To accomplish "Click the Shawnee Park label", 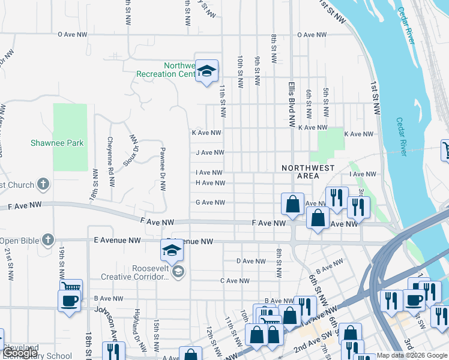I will coord(57,143).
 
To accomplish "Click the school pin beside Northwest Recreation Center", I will coord(207,73).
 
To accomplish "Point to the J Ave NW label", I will coord(209,152).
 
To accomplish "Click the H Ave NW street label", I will coord(210,183).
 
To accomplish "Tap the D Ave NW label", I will coord(251,261).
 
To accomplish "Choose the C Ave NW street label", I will coord(235,281).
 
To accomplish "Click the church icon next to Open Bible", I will coord(47,241).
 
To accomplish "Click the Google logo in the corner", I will coord(19,353).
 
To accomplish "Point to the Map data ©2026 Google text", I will coord(412,355).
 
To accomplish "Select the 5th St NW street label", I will coord(326,103).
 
